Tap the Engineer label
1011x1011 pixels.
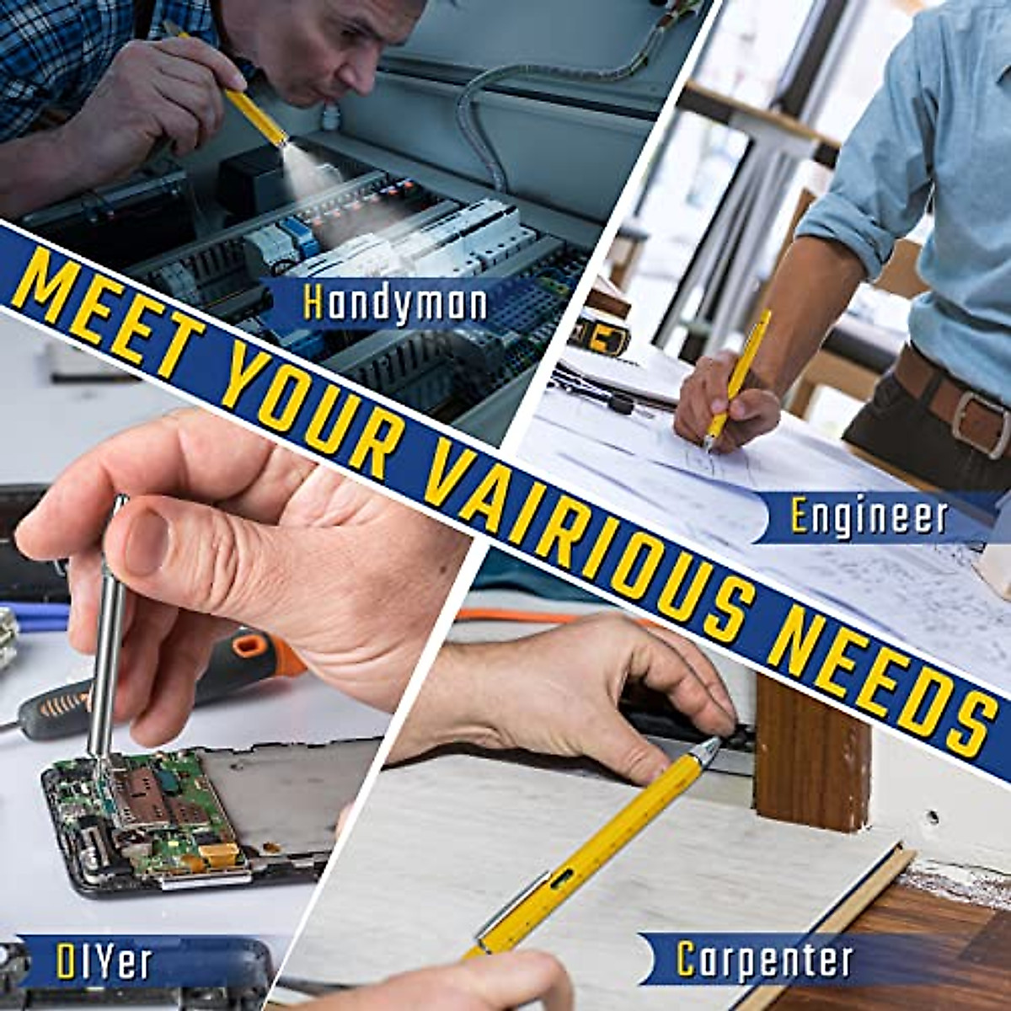click(869, 516)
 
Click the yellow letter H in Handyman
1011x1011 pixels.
click(313, 304)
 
